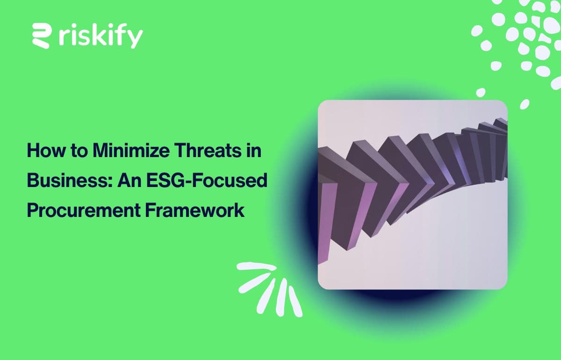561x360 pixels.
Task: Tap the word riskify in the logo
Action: click(101, 36)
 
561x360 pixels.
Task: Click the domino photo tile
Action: click(412, 194)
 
